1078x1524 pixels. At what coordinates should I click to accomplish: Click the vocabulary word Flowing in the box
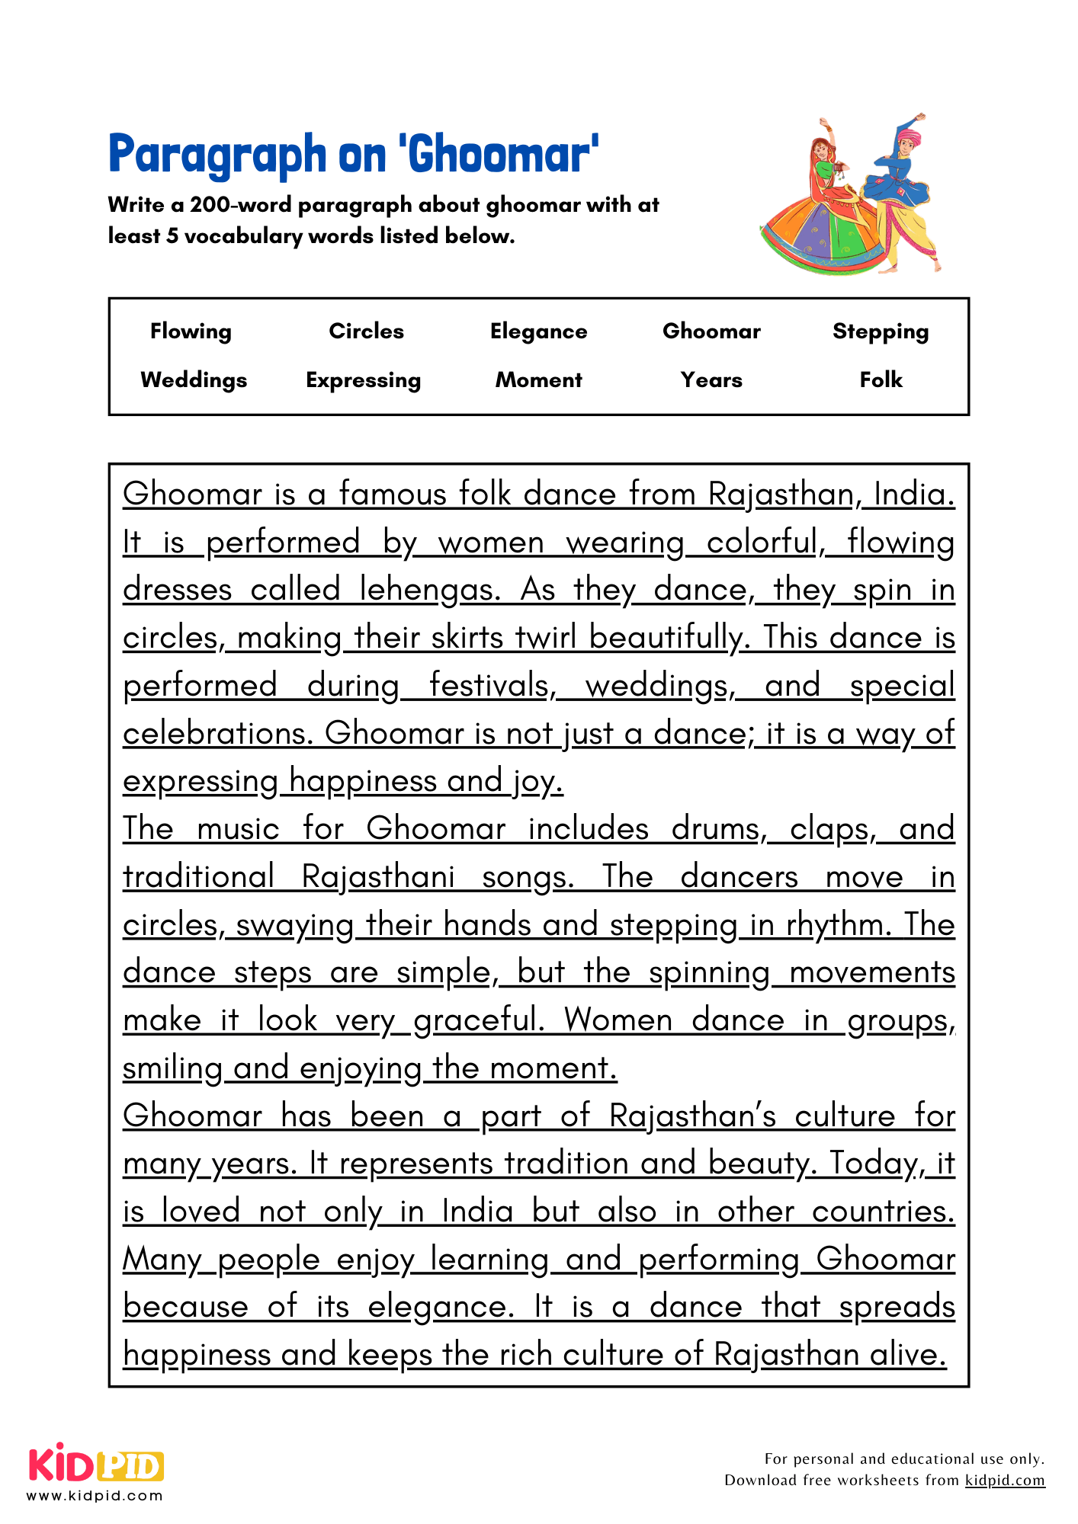pyautogui.click(x=191, y=331)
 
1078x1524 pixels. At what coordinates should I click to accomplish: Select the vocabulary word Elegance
pyautogui.click(x=538, y=331)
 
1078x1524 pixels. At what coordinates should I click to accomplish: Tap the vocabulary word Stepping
pyautogui.click(x=881, y=331)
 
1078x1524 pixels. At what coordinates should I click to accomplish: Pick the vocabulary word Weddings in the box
pyautogui.click(x=194, y=379)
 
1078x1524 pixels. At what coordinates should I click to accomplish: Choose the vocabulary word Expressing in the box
pyautogui.click(x=363, y=379)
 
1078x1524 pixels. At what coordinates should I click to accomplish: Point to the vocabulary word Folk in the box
pyautogui.click(x=881, y=379)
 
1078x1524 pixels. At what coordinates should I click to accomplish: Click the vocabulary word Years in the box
pyautogui.click(x=711, y=379)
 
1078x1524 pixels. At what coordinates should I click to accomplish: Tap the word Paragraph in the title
pyautogui.click(x=217, y=155)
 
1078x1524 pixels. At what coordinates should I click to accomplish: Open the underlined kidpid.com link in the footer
pyautogui.click(x=1004, y=1480)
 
